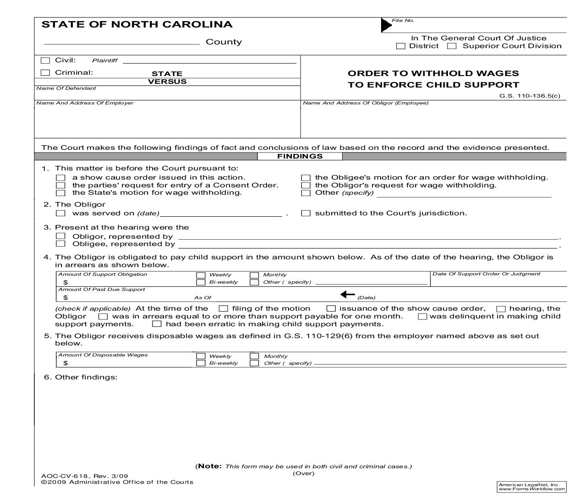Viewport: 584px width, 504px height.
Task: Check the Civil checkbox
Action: (x=45, y=60)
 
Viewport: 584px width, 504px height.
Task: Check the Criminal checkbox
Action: (x=45, y=72)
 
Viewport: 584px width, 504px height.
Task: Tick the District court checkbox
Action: (x=401, y=46)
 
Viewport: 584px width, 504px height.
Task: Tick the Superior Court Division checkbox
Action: (x=452, y=46)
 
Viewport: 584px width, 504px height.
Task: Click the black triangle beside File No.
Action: (x=386, y=25)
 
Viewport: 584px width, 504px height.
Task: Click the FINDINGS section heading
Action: (x=300, y=156)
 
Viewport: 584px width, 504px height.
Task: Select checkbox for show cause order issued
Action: (x=60, y=178)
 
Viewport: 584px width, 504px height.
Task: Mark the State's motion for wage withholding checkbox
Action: (x=60, y=193)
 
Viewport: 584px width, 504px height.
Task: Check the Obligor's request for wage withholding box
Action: (x=306, y=186)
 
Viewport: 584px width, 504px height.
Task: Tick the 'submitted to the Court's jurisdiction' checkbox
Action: (x=306, y=213)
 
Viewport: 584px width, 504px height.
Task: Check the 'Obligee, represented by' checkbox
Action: (x=60, y=244)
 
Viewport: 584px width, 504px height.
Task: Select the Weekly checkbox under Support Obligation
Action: (x=201, y=275)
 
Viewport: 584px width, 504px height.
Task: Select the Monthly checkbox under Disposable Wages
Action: (x=254, y=356)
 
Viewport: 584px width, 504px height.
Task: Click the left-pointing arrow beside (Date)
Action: (x=348, y=295)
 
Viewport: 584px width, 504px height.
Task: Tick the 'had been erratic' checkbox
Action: (x=157, y=324)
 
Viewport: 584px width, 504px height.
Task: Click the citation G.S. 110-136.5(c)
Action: (x=529, y=96)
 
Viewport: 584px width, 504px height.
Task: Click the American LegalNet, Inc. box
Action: (x=531, y=487)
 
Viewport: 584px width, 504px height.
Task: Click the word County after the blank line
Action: (x=224, y=42)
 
